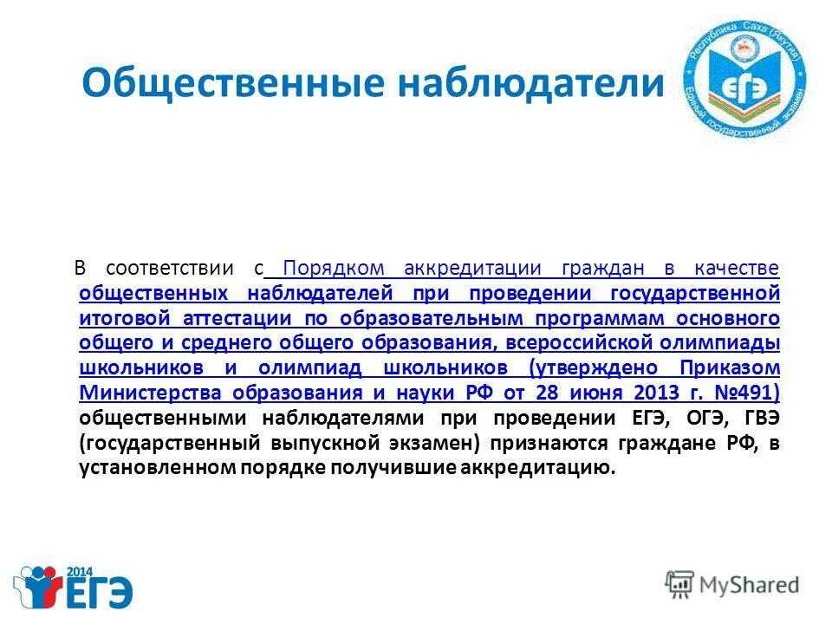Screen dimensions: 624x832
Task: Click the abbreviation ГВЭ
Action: pos(760,419)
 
